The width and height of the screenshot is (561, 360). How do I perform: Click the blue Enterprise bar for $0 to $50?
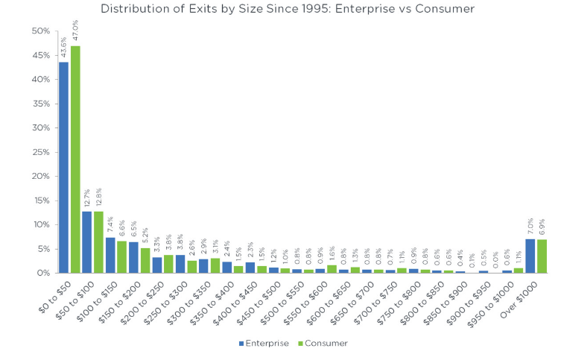click(x=64, y=168)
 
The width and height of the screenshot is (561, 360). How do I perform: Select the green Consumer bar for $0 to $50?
click(x=75, y=160)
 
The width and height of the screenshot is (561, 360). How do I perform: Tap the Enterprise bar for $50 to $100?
click(x=87, y=242)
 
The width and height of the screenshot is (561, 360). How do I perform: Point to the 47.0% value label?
click(x=75, y=31)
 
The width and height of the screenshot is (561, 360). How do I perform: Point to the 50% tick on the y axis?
click(x=40, y=31)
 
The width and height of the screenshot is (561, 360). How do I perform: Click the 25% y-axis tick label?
click(x=40, y=152)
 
